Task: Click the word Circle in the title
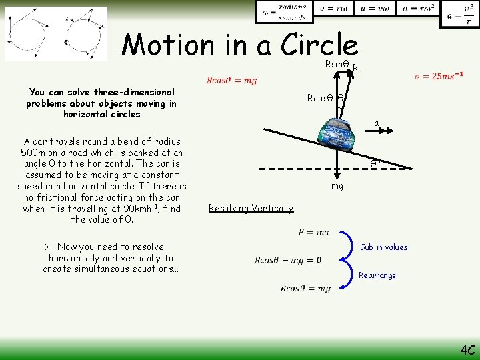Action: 319,45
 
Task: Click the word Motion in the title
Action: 167,45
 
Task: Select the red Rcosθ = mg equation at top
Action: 231,81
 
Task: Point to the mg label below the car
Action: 337,186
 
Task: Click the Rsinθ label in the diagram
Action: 337,64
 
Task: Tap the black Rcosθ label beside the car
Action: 320,98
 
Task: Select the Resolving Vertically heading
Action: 251,208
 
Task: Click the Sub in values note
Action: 383,247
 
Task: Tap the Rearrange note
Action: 377,275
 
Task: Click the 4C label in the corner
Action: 467,349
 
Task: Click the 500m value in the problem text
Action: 33,152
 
